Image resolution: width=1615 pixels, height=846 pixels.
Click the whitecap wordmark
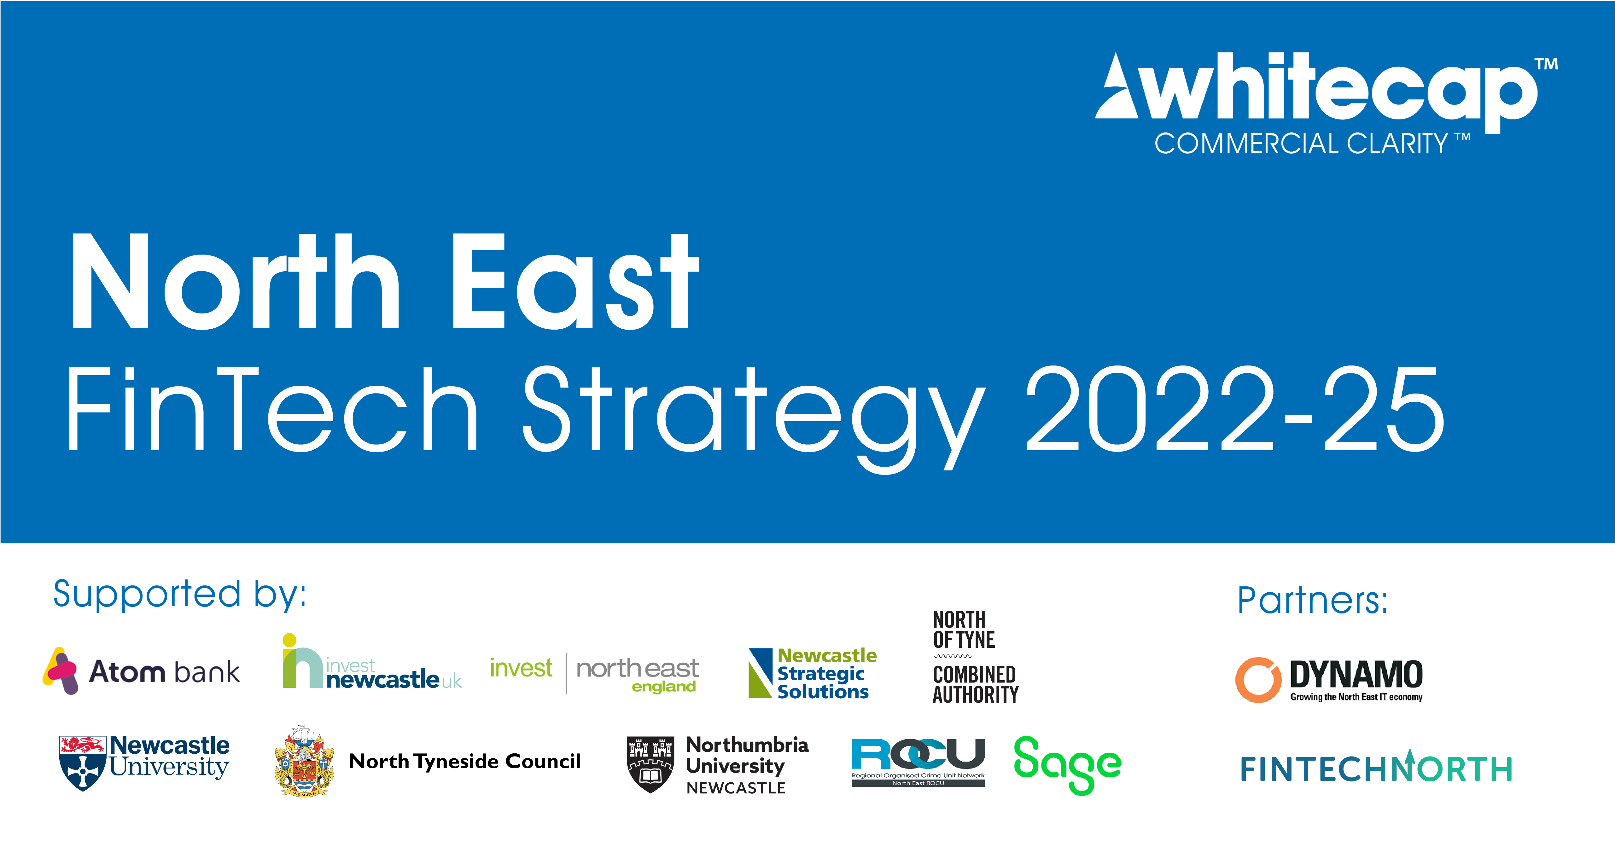[1335, 88]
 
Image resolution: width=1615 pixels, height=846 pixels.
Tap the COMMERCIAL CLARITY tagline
[1301, 144]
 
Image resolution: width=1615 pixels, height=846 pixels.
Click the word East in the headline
[574, 282]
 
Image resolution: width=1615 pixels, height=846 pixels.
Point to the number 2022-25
[1235, 411]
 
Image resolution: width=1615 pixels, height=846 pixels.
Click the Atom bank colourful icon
[61, 670]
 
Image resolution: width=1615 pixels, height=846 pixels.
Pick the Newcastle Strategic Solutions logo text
[825, 674]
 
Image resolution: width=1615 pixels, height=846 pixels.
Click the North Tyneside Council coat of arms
[304, 761]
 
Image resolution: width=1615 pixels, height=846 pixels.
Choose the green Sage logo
[1067, 764]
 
